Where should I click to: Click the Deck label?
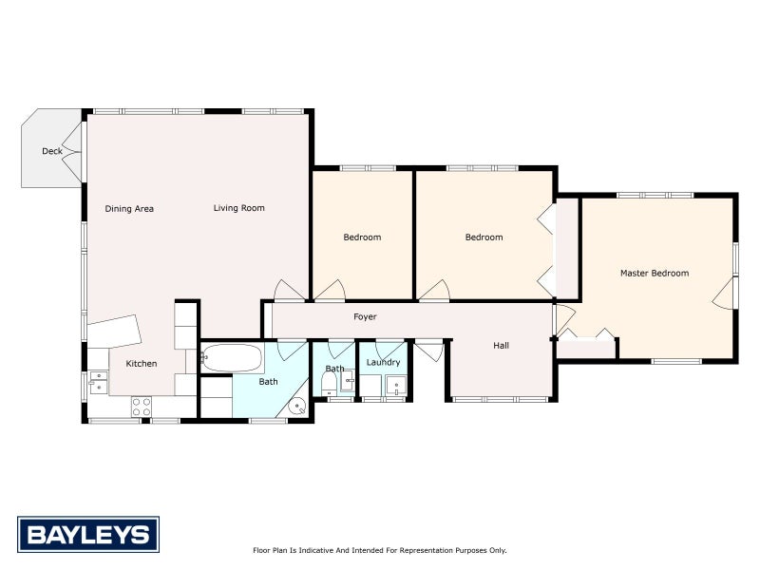point(52,151)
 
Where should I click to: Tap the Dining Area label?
point(129,209)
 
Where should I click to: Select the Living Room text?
point(239,208)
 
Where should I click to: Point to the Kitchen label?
point(142,364)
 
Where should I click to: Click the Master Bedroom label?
point(655,274)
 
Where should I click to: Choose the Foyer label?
point(365,317)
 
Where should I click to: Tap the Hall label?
point(502,346)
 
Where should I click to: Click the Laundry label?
point(384,363)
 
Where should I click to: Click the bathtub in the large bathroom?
point(232,358)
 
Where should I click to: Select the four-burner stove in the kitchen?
point(141,407)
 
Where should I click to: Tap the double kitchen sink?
point(99,382)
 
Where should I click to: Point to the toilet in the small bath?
point(329,385)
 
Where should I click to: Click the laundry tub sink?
point(396,386)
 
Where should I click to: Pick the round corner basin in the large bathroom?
point(296,407)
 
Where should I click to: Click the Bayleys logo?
point(88,535)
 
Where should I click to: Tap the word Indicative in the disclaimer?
point(315,550)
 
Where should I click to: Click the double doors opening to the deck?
point(73,152)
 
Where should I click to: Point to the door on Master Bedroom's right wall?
point(724,294)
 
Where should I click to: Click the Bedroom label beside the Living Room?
point(362,237)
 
